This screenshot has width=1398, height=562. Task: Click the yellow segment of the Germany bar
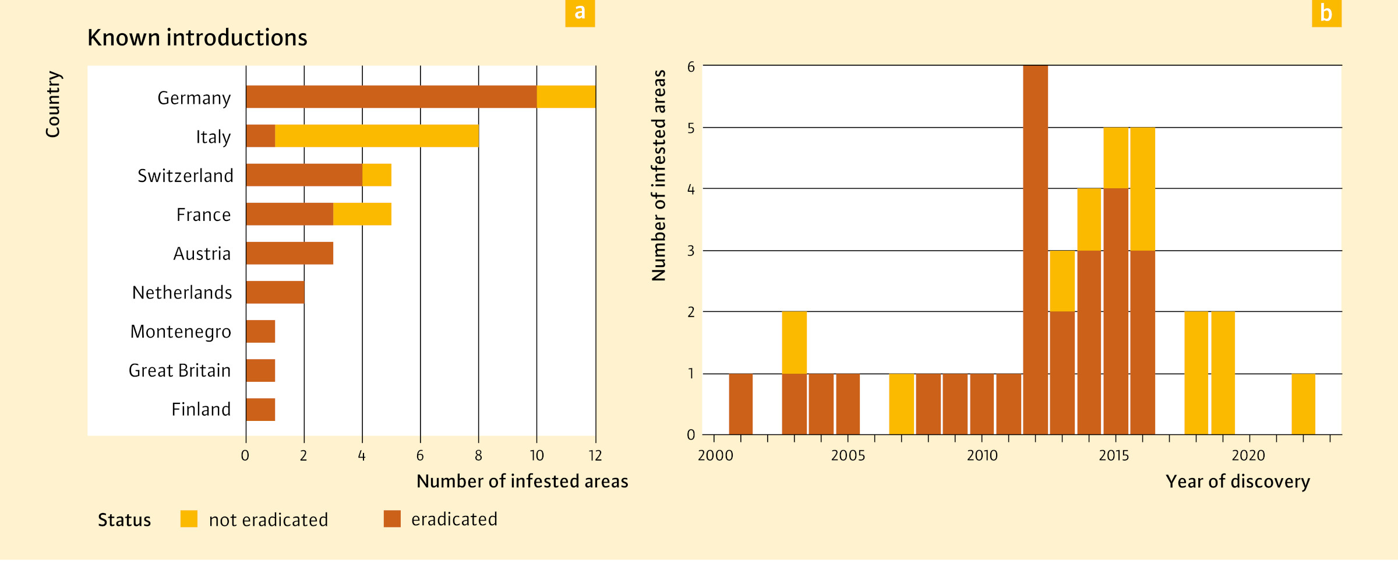pos(566,97)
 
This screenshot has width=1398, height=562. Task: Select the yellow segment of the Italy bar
pos(376,136)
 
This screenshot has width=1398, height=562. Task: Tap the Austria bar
pos(290,253)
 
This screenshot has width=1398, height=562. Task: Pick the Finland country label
pos(201,409)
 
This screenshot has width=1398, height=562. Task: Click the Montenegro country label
pos(181,332)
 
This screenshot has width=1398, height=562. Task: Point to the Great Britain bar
pos(260,370)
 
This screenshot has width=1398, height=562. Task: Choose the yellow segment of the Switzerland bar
pos(376,175)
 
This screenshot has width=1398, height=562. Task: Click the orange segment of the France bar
pos(290,214)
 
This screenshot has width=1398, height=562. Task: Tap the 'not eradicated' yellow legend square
pos(189,519)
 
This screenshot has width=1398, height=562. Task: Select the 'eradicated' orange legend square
pos(392,519)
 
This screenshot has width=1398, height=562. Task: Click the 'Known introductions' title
pos(197,38)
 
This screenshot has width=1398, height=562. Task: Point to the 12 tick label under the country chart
pos(595,456)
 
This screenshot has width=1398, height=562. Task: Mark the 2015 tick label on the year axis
pos(1114,456)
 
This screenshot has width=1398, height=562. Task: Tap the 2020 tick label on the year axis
pos(1248,456)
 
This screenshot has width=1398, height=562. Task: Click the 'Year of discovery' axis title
pos(1237,482)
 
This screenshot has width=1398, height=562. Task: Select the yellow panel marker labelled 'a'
pos(580,13)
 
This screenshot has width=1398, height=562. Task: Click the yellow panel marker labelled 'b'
pos(1326,13)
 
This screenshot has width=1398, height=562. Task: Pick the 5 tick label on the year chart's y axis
pos(691,128)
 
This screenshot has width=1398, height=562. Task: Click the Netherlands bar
pos(275,292)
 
